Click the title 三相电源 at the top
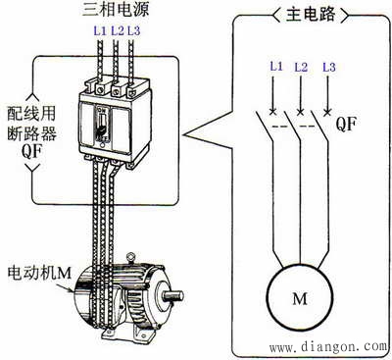[116, 9]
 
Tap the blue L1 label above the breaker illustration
[100, 30]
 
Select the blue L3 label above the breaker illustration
[133, 30]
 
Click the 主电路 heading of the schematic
[311, 14]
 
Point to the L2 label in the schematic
[301, 67]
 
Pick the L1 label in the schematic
[276, 67]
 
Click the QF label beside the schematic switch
[346, 124]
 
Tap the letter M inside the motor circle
[300, 298]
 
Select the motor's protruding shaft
[173, 295]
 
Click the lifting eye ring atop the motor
[131, 256]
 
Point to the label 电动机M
[39, 273]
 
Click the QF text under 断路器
[31, 151]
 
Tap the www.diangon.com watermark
[327, 346]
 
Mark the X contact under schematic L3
[327, 112]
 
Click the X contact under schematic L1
[272, 112]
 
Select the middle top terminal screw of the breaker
[116, 89]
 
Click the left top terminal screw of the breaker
[100, 88]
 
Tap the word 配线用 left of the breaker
[31, 113]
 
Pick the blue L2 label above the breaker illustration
[118, 30]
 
